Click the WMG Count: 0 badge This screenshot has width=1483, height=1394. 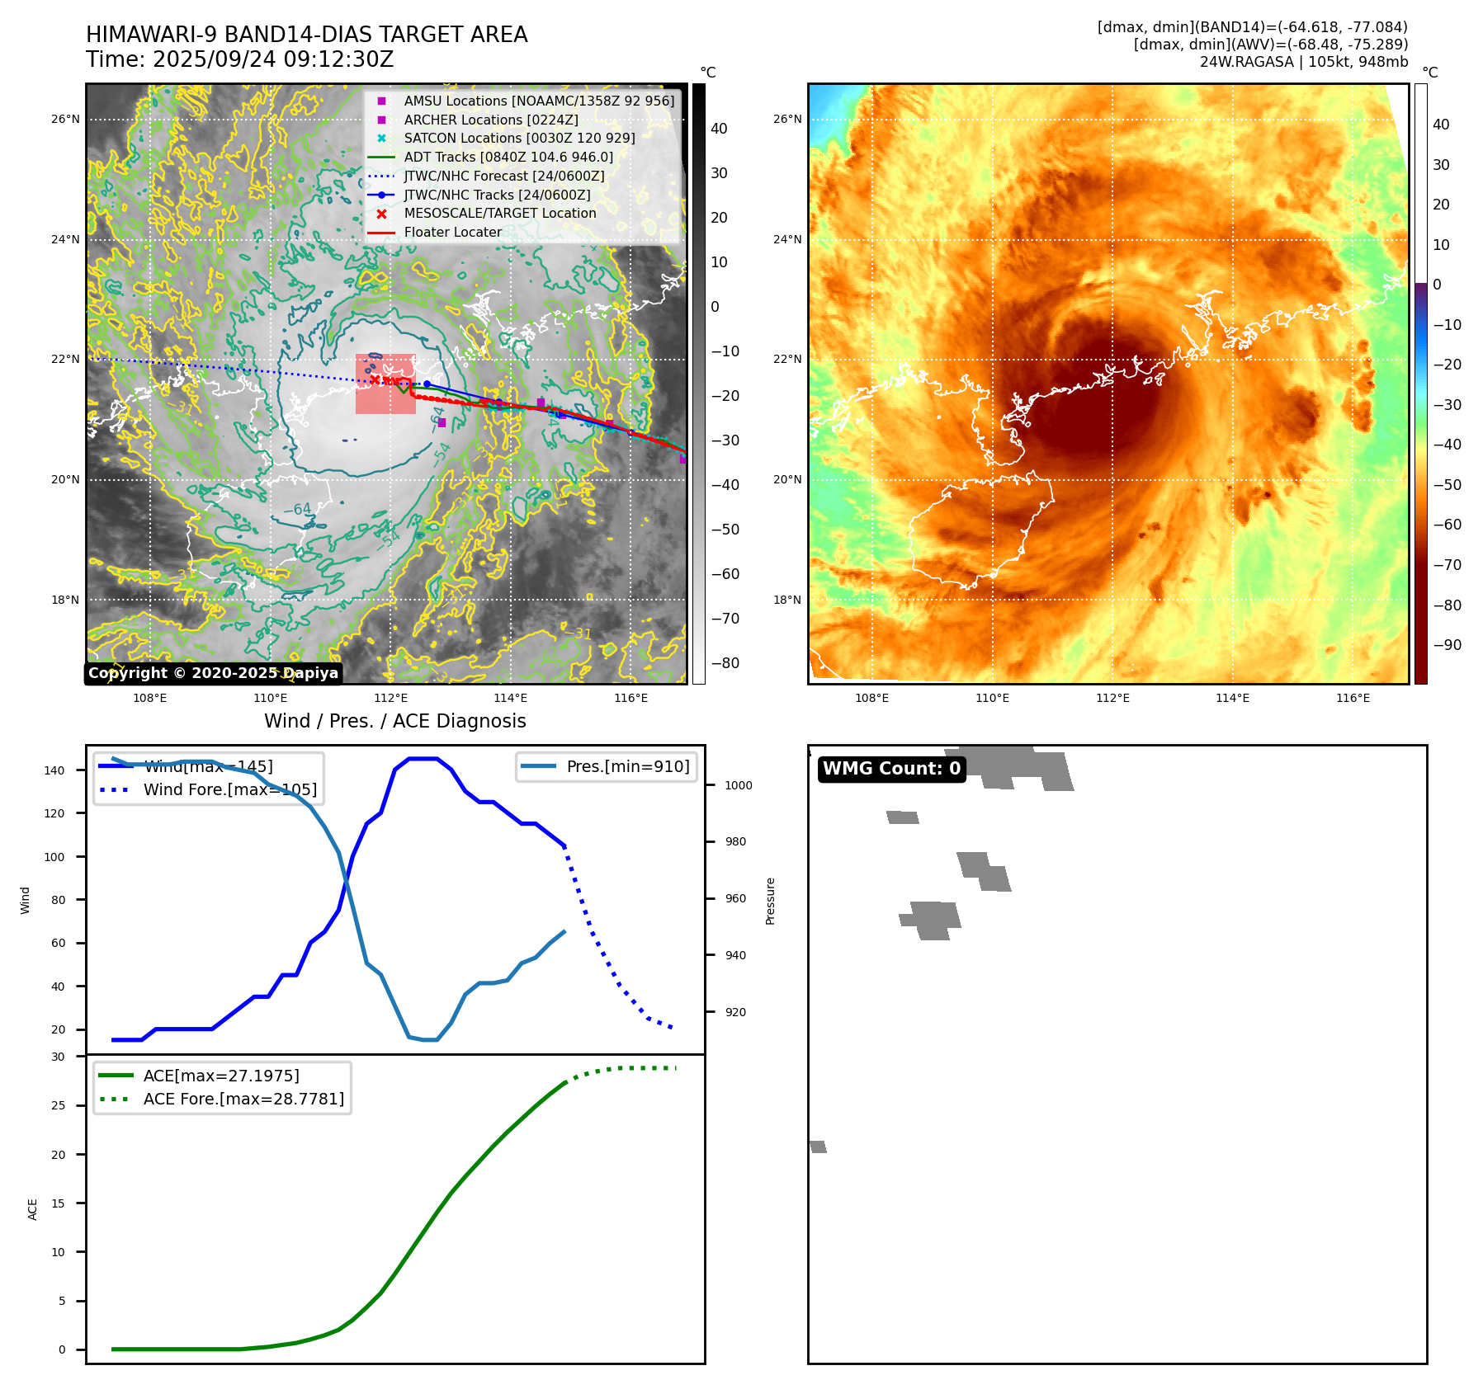point(891,769)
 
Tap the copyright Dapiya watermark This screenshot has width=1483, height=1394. point(213,673)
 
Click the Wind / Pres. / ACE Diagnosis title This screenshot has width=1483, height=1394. point(394,721)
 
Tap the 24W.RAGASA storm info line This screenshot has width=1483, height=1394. point(1303,62)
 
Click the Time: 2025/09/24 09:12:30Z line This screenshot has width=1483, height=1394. point(240,59)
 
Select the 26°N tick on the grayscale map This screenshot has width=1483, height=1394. point(66,119)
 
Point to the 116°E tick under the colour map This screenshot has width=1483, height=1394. point(1353,698)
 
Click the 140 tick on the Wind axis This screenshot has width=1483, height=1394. point(54,770)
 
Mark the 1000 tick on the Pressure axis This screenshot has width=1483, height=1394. point(738,785)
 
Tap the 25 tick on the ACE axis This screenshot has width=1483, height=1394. point(58,1105)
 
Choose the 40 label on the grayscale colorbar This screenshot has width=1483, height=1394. point(719,129)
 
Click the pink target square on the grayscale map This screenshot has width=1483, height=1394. point(385,384)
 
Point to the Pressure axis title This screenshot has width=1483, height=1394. point(770,900)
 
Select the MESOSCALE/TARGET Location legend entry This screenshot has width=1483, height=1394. point(499,213)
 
